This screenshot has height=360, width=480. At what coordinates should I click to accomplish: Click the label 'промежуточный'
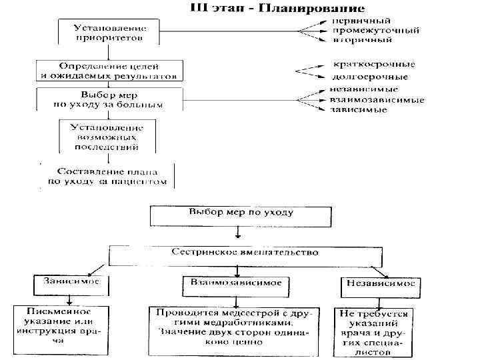376,31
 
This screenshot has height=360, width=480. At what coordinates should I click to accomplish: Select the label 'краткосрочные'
373,65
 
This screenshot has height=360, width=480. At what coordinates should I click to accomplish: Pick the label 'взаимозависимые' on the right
377,99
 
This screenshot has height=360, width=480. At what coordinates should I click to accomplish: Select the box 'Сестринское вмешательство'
245,255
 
